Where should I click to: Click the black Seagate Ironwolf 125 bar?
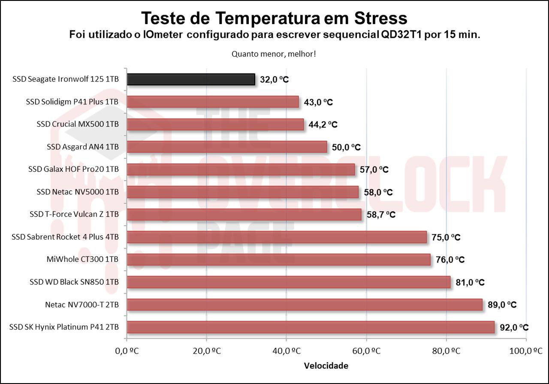(x=191, y=79)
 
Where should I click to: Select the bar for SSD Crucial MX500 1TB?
(x=215, y=124)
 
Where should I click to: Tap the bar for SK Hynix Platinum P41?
(x=311, y=327)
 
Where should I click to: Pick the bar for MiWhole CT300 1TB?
(x=279, y=260)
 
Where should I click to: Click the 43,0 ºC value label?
(x=318, y=102)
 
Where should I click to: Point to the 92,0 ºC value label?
(x=514, y=327)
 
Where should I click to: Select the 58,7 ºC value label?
(x=381, y=215)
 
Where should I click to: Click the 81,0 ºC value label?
(x=470, y=282)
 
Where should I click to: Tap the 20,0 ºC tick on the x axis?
(x=206, y=351)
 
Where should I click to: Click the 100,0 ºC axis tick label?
(x=526, y=351)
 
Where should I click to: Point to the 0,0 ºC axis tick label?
(x=127, y=351)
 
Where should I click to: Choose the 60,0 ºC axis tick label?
(x=366, y=351)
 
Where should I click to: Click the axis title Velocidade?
(x=326, y=366)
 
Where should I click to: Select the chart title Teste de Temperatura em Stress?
(x=274, y=18)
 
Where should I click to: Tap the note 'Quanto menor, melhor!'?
(x=274, y=54)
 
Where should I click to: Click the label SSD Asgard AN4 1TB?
(x=83, y=147)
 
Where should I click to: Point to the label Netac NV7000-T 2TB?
(x=82, y=305)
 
